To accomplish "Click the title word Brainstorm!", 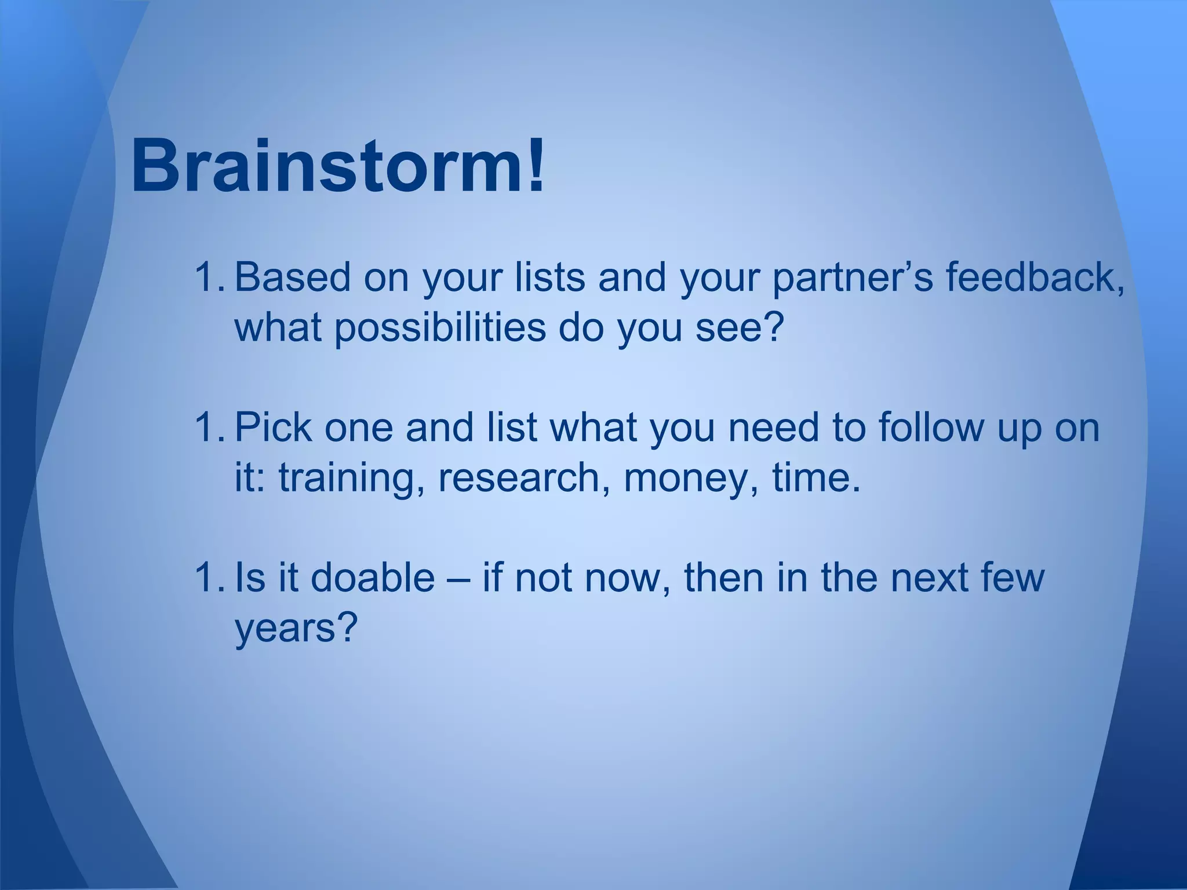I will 338,167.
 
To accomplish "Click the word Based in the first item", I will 292,277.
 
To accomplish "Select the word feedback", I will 1035,277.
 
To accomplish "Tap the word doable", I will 373,577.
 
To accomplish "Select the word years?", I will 294,628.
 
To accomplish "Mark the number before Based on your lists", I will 210,277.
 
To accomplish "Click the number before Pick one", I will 210,427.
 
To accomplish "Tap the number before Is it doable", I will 210,577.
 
